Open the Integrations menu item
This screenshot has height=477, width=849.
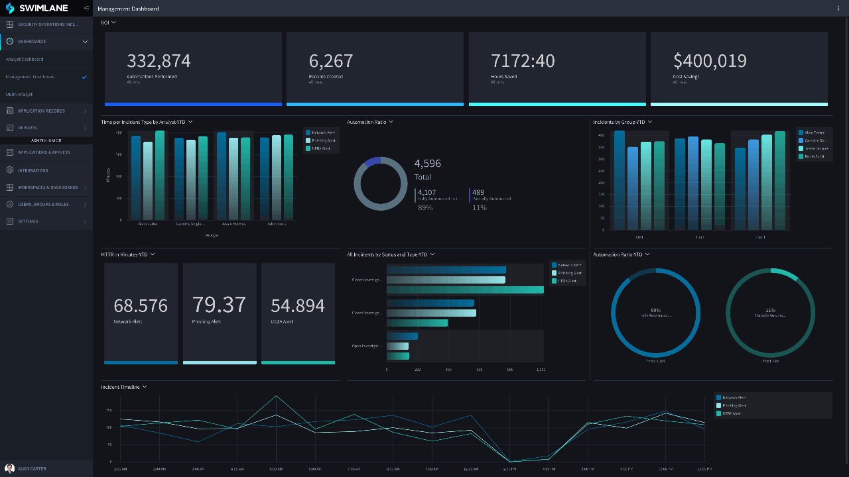pos(33,170)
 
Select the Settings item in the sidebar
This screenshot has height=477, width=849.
pos(28,221)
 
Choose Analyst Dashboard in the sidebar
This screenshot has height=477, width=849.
pos(25,60)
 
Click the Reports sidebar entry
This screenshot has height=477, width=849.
pos(27,128)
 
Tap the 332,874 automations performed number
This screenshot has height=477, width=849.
pos(159,61)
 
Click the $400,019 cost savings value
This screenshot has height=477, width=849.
pos(710,61)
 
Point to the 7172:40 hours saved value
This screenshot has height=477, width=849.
pos(523,61)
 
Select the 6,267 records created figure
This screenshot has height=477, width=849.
pos(331,61)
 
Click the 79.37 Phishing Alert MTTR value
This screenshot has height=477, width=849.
pos(219,305)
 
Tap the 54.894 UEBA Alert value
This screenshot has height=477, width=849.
pos(298,305)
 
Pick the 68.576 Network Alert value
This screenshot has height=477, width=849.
pos(141,305)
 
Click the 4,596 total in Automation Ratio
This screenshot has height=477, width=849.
pos(428,164)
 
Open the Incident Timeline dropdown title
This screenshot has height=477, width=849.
pos(123,387)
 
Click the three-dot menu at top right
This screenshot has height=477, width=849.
pos(838,9)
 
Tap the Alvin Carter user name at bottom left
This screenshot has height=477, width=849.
pos(32,468)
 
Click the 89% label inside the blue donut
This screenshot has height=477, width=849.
pos(655,310)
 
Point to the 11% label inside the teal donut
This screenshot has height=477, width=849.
pos(770,310)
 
